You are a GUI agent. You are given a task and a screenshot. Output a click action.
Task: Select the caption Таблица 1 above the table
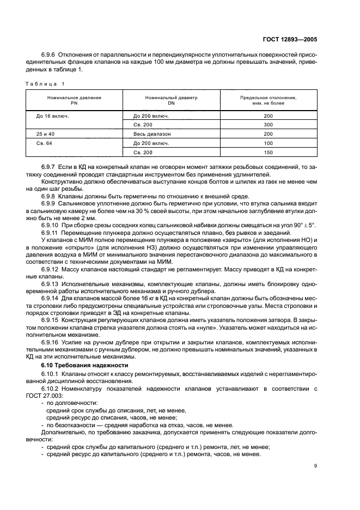[45, 83]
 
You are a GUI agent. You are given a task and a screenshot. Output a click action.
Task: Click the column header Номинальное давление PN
[75, 100]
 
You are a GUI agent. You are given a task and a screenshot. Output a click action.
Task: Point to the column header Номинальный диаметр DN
[171, 100]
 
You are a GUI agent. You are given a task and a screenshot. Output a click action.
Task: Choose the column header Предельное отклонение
[268, 100]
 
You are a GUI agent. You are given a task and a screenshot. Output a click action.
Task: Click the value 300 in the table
[268, 125]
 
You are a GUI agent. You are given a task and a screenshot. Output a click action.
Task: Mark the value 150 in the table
[268, 152]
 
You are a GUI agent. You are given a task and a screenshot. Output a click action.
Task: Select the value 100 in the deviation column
[268, 143]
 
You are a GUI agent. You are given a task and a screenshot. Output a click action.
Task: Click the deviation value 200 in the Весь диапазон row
[268, 134]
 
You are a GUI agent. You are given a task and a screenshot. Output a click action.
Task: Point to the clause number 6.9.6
[50, 55]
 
